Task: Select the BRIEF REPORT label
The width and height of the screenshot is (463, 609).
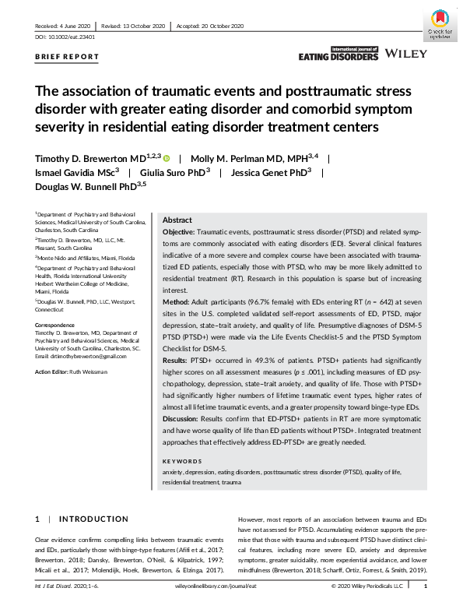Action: pos(67,57)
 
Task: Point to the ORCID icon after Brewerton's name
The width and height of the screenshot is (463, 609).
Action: pos(167,157)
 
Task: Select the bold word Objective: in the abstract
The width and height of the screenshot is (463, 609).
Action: pos(179,233)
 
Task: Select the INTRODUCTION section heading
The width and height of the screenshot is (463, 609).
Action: pos(94,519)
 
